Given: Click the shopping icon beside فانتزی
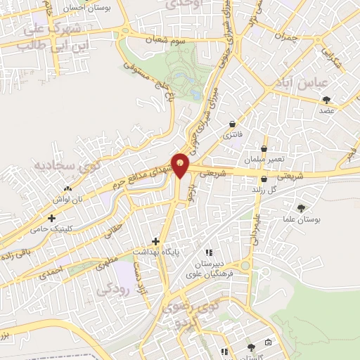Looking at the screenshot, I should [x=233, y=124].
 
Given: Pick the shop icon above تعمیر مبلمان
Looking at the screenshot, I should [x=264, y=149].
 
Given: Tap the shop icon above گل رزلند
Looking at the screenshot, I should [x=264, y=179].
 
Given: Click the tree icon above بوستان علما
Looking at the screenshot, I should [x=302, y=208].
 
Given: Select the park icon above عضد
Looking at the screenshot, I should [x=326, y=99].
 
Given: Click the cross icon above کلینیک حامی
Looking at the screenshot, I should [x=51, y=219].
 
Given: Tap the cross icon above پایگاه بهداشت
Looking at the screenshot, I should [x=155, y=241].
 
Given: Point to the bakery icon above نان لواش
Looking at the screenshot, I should [x=67, y=189].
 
